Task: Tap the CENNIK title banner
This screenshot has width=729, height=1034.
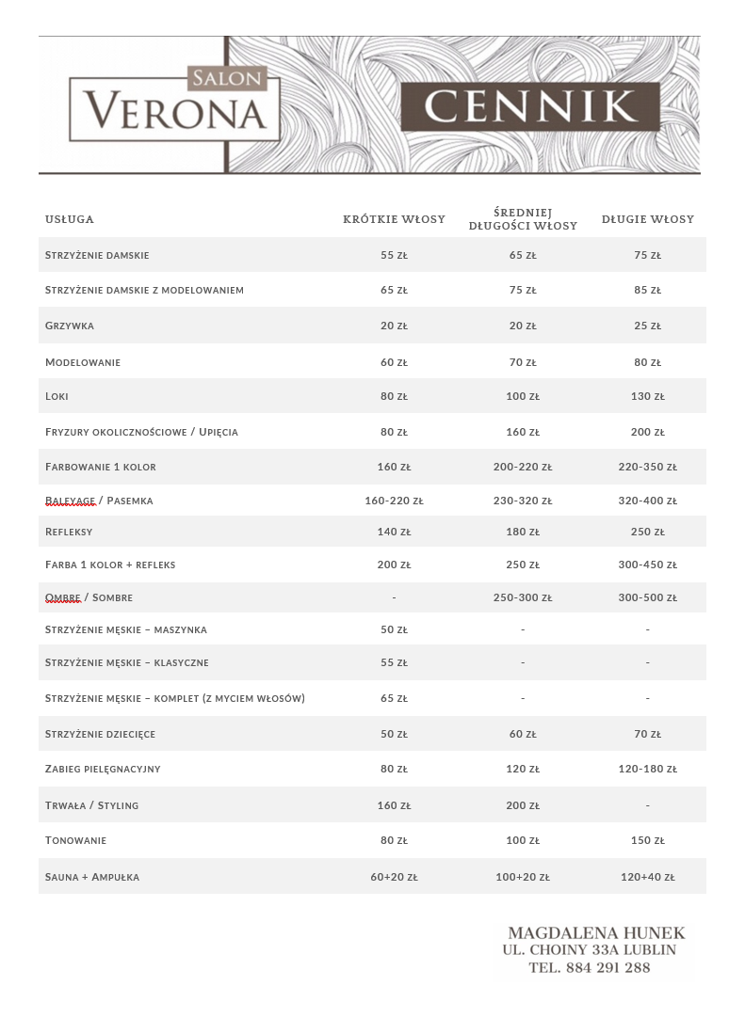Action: (530, 106)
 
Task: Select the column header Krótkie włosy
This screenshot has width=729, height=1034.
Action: (394, 219)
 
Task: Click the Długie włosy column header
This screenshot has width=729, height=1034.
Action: (648, 219)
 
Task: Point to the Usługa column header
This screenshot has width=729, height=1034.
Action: (70, 219)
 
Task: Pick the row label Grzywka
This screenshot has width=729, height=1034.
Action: (70, 326)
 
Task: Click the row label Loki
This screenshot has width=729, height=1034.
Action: (57, 396)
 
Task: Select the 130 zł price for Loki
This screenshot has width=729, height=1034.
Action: (648, 396)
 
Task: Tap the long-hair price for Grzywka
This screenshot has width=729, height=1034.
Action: (648, 326)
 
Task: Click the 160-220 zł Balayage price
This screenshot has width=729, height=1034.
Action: (394, 501)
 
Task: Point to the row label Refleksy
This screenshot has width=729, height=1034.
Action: (69, 532)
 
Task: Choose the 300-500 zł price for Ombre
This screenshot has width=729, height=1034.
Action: (648, 597)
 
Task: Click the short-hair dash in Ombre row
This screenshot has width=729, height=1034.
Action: (394, 597)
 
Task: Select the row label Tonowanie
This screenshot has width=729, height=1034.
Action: (75, 840)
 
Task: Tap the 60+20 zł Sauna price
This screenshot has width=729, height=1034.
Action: (394, 877)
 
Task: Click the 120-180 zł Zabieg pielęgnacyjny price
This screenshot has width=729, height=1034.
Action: (648, 769)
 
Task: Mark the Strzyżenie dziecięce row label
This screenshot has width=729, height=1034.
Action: (100, 734)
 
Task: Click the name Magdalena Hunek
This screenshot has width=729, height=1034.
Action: (596, 933)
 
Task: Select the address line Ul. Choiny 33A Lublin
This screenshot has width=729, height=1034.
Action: (590, 950)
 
